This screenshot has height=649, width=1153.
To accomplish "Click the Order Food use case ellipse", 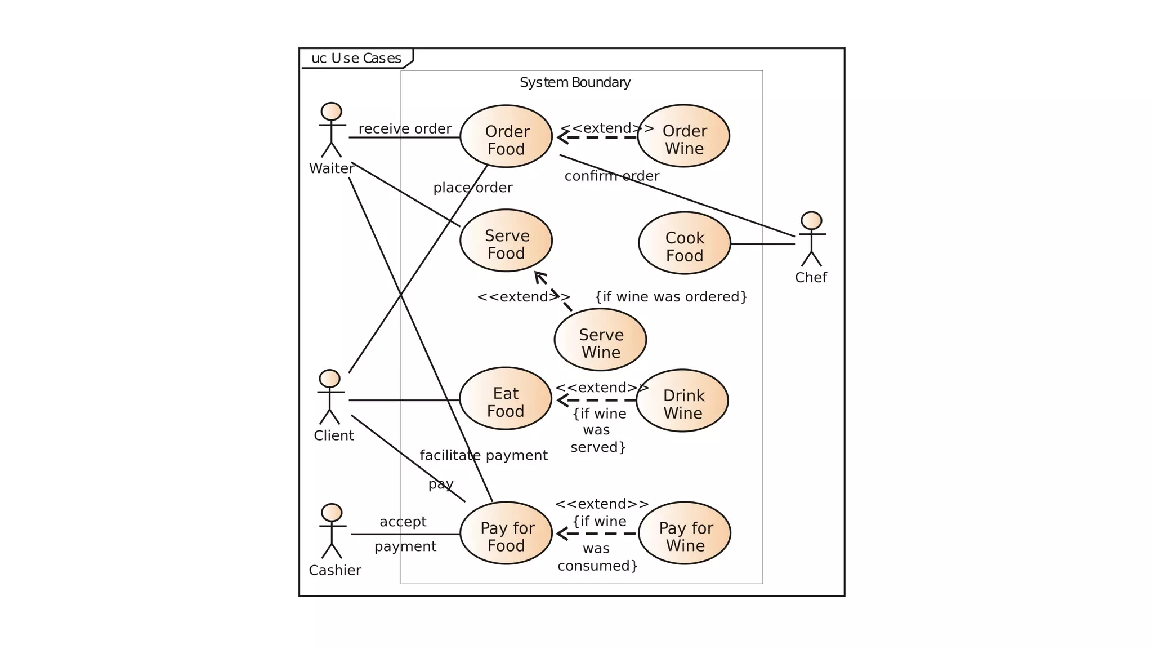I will pyautogui.click(x=506, y=136).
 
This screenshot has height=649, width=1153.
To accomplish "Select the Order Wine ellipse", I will pyautogui.click(x=683, y=136).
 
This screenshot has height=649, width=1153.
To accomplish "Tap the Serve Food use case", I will pyautogui.click(x=506, y=241).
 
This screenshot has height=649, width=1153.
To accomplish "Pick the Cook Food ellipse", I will pyautogui.click(x=684, y=243).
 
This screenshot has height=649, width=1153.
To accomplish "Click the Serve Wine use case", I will pyautogui.click(x=600, y=340).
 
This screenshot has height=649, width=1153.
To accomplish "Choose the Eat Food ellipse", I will pyautogui.click(x=505, y=399).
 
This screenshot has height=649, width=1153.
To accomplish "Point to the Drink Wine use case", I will pyautogui.click(x=682, y=401).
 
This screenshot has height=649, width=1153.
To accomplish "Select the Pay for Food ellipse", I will pyautogui.click(x=506, y=533).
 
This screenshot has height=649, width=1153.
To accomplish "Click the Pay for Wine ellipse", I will pyautogui.click(x=684, y=533).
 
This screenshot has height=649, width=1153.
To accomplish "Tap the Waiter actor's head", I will pyautogui.click(x=331, y=112).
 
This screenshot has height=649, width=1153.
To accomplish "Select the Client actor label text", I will pyautogui.click(x=333, y=435).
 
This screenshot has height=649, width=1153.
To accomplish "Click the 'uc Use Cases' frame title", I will pyautogui.click(x=356, y=59).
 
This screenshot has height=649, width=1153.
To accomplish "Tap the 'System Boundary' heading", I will pyautogui.click(x=575, y=83).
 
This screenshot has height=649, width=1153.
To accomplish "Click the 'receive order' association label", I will pyautogui.click(x=405, y=128).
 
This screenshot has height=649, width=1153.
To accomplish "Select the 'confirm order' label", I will pyautogui.click(x=611, y=176).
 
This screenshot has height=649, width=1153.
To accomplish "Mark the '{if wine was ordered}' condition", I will pyautogui.click(x=671, y=297).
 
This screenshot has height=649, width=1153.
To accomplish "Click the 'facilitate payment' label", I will pyautogui.click(x=483, y=455).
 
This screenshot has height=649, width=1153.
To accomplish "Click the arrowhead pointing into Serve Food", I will pyautogui.click(x=539, y=276).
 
